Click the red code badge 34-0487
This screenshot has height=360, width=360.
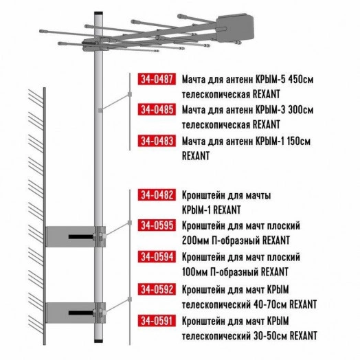point(156,78)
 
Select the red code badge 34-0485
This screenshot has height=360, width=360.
point(156,110)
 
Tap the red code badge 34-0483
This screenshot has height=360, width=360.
point(156,141)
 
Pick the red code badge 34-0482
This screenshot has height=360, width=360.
point(156,195)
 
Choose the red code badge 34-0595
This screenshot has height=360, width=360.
point(156,225)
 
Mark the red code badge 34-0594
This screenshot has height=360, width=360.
point(156,257)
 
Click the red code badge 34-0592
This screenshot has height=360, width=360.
point(156,288)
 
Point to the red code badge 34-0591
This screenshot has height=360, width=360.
point(156,319)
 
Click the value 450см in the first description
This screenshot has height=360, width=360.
point(300,79)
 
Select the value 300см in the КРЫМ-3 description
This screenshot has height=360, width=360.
point(300,110)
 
